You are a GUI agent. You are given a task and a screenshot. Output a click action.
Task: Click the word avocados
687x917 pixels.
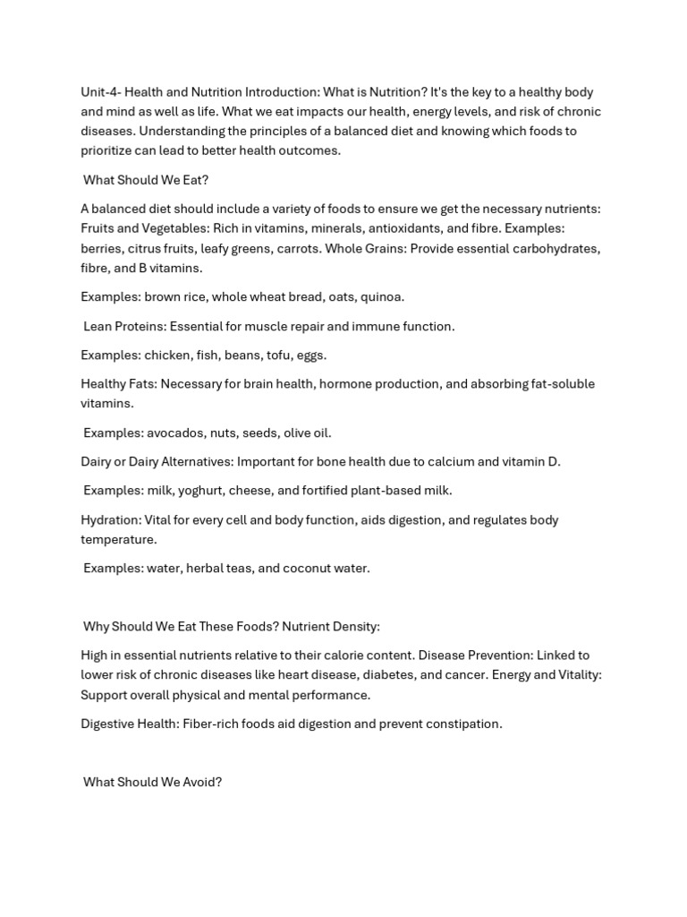(173, 433)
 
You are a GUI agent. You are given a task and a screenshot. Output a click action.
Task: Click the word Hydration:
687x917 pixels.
(111, 520)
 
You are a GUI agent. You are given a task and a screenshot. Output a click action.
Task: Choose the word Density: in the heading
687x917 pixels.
(354, 626)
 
